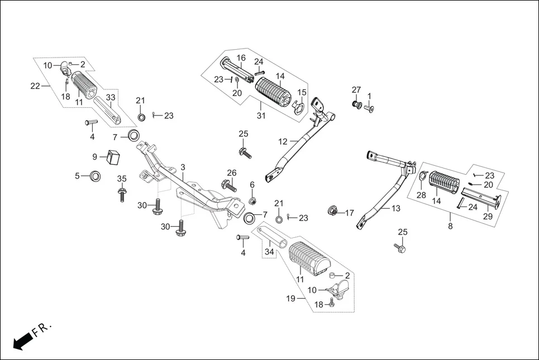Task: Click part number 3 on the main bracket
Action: [183, 167]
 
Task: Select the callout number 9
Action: [94, 157]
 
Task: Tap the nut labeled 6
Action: [252, 200]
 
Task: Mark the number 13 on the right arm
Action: [395, 208]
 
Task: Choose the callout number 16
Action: [241, 58]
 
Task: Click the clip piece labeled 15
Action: [300, 105]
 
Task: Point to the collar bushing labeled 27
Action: [356, 104]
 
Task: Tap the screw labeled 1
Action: [369, 109]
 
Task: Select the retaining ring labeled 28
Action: [423, 177]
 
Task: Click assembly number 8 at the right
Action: [450, 227]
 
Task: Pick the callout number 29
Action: [488, 216]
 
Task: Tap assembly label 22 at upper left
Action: [35, 85]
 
